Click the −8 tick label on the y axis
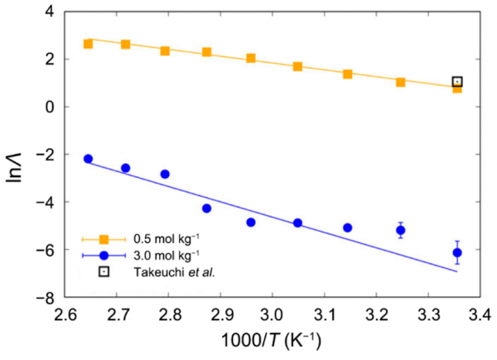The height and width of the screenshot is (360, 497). (x=48, y=298)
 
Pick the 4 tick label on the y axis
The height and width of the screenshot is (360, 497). (x=51, y=12)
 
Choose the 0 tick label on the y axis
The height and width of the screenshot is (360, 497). (x=51, y=107)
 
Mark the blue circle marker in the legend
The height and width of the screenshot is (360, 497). (x=104, y=255)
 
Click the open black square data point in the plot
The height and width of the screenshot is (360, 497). (x=457, y=82)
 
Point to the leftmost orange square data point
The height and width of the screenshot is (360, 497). (x=89, y=43)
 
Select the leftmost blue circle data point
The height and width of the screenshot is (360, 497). (x=89, y=159)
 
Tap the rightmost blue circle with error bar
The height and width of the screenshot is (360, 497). (x=457, y=252)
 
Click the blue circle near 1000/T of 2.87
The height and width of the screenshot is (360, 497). (x=206, y=209)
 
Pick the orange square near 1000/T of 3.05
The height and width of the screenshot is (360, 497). (x=297, y=66)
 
